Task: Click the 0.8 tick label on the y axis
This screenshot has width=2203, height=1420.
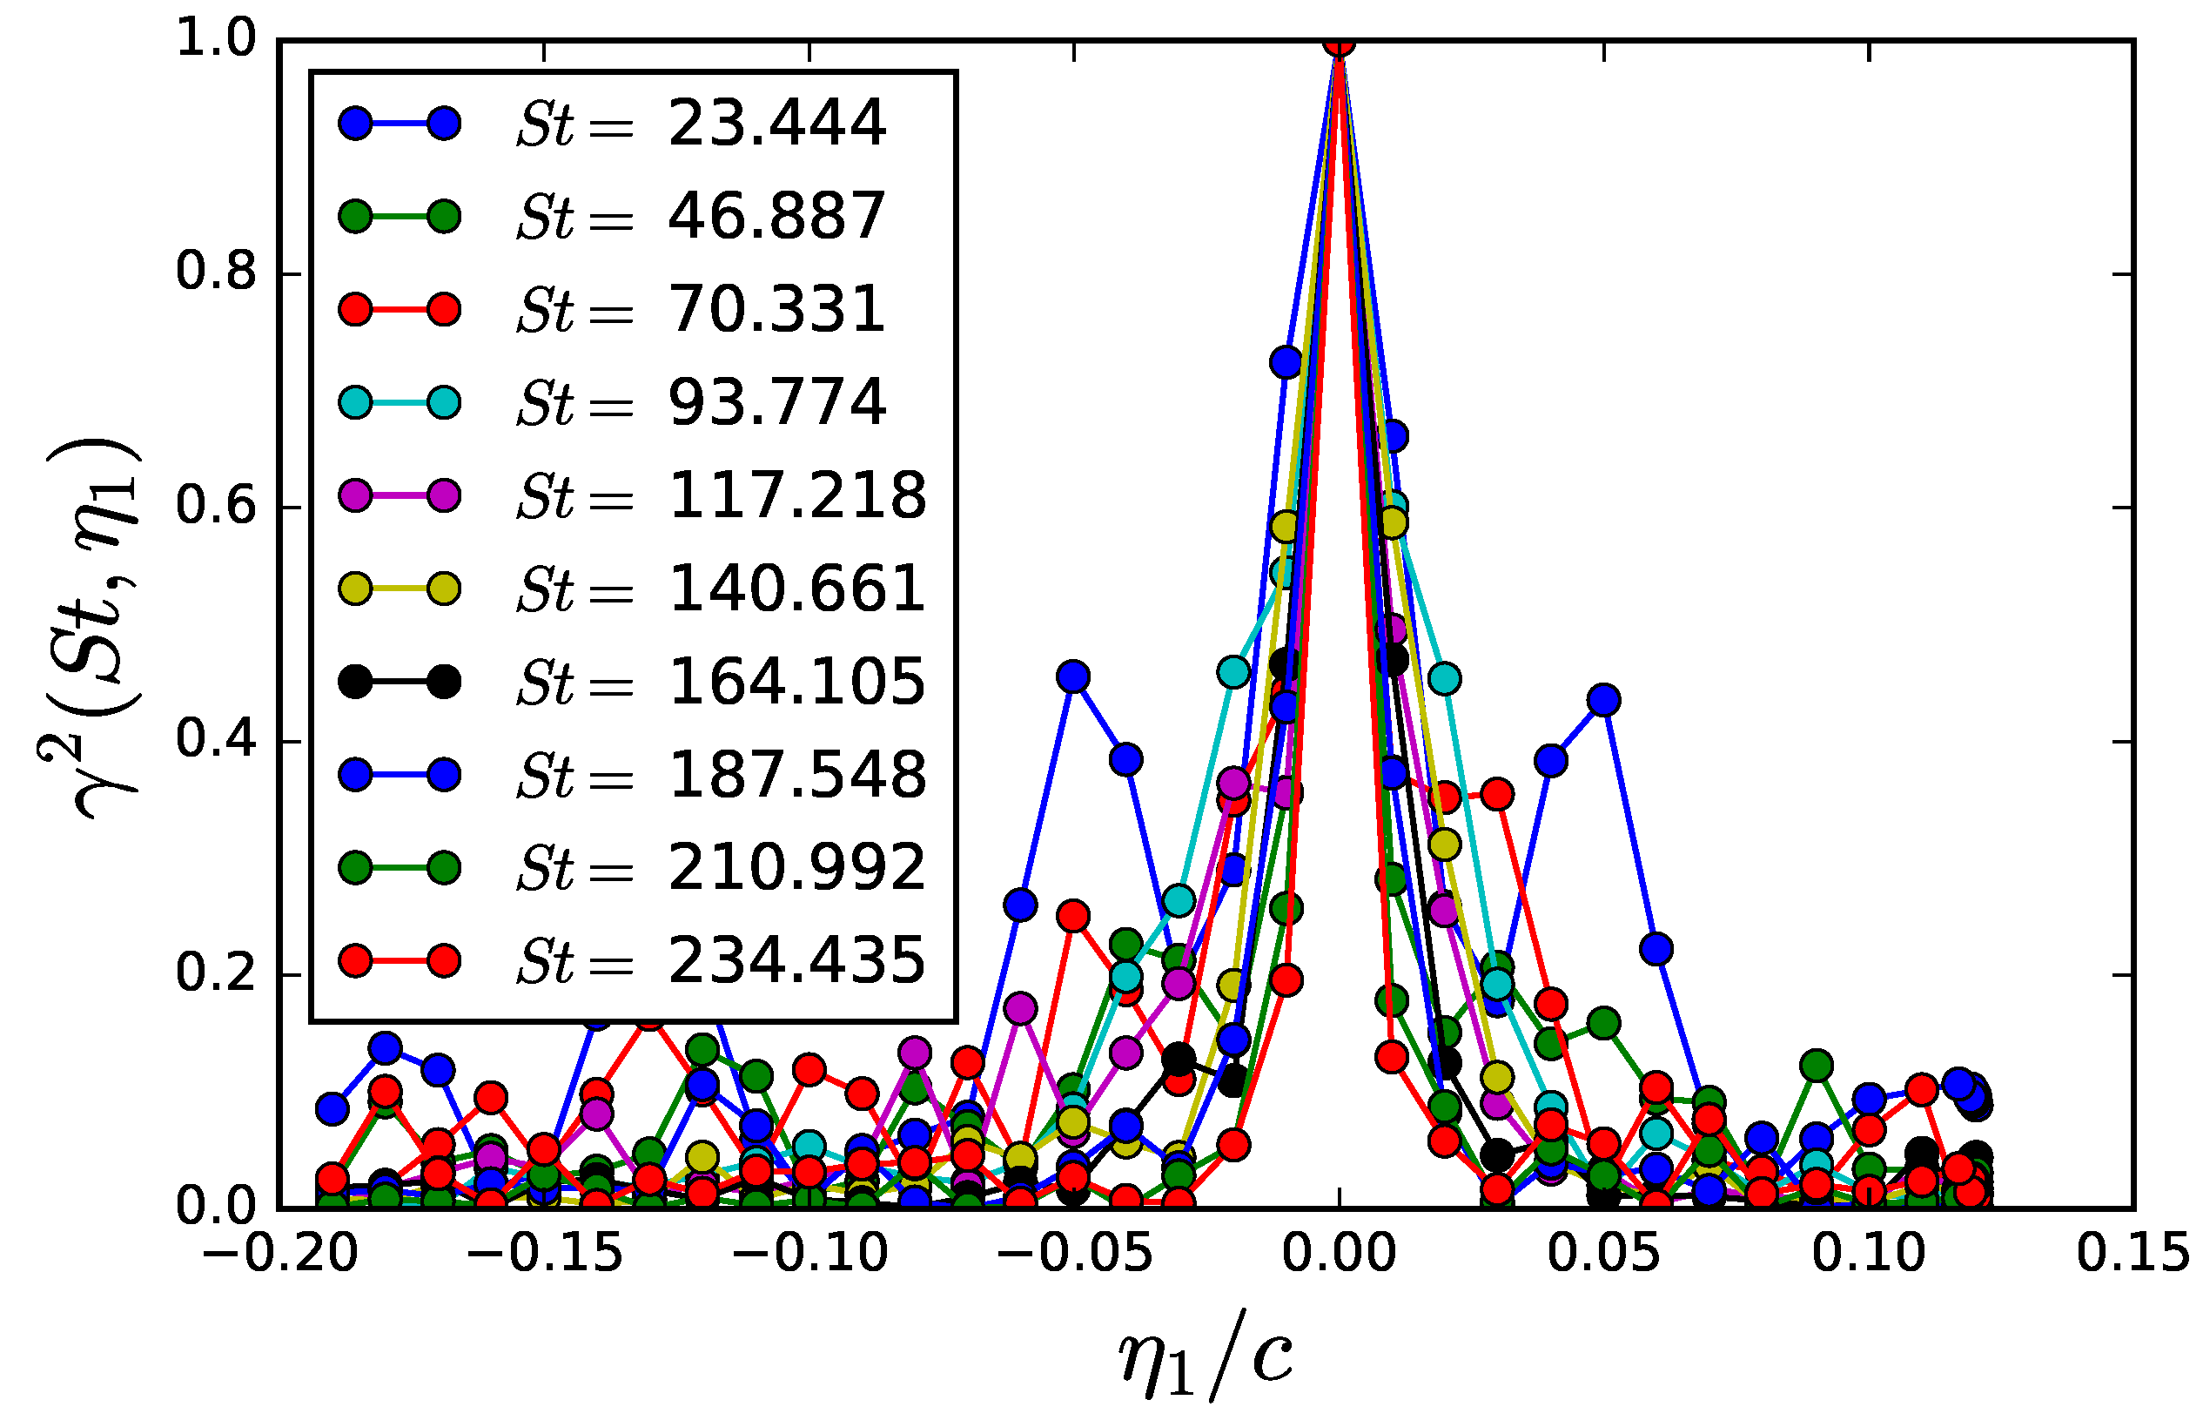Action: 216,273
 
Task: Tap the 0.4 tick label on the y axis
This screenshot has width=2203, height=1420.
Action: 216,740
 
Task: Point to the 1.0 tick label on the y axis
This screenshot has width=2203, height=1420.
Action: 216,40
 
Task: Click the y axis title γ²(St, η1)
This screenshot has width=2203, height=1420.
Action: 92,627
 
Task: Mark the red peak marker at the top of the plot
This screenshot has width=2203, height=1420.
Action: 1339,43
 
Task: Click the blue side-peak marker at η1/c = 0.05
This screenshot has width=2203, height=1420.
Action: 1604,700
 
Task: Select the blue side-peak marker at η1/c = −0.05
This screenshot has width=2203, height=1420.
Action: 1073,676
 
